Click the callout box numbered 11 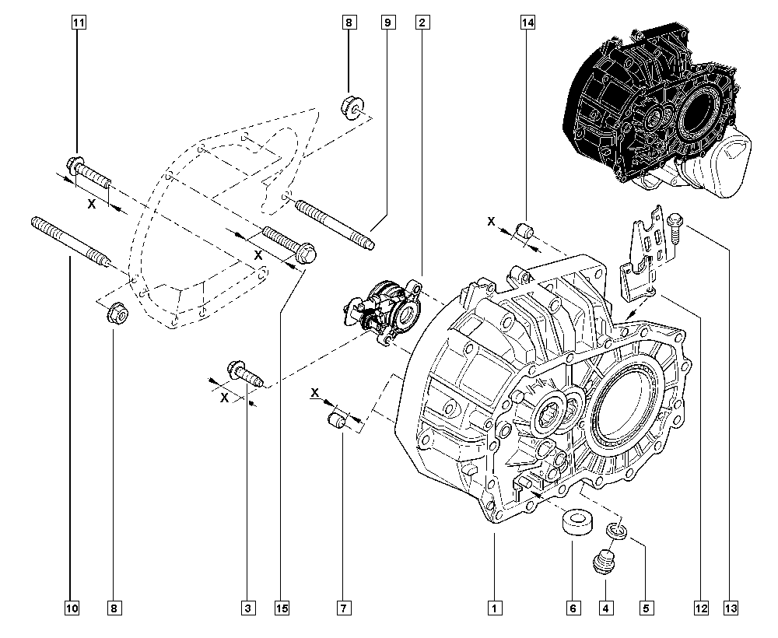click(78, 23)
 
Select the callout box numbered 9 click(387, 23)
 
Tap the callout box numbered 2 click(421, 23)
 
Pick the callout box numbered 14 click(527, 23)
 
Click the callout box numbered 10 click(72, 607)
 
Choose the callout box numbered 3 click(247, 607)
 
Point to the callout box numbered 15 click(281, 607)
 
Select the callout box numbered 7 click(342, 607)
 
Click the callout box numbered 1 click(492, 607)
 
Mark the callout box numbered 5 click(644, 607)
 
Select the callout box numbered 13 click(730, 607)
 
